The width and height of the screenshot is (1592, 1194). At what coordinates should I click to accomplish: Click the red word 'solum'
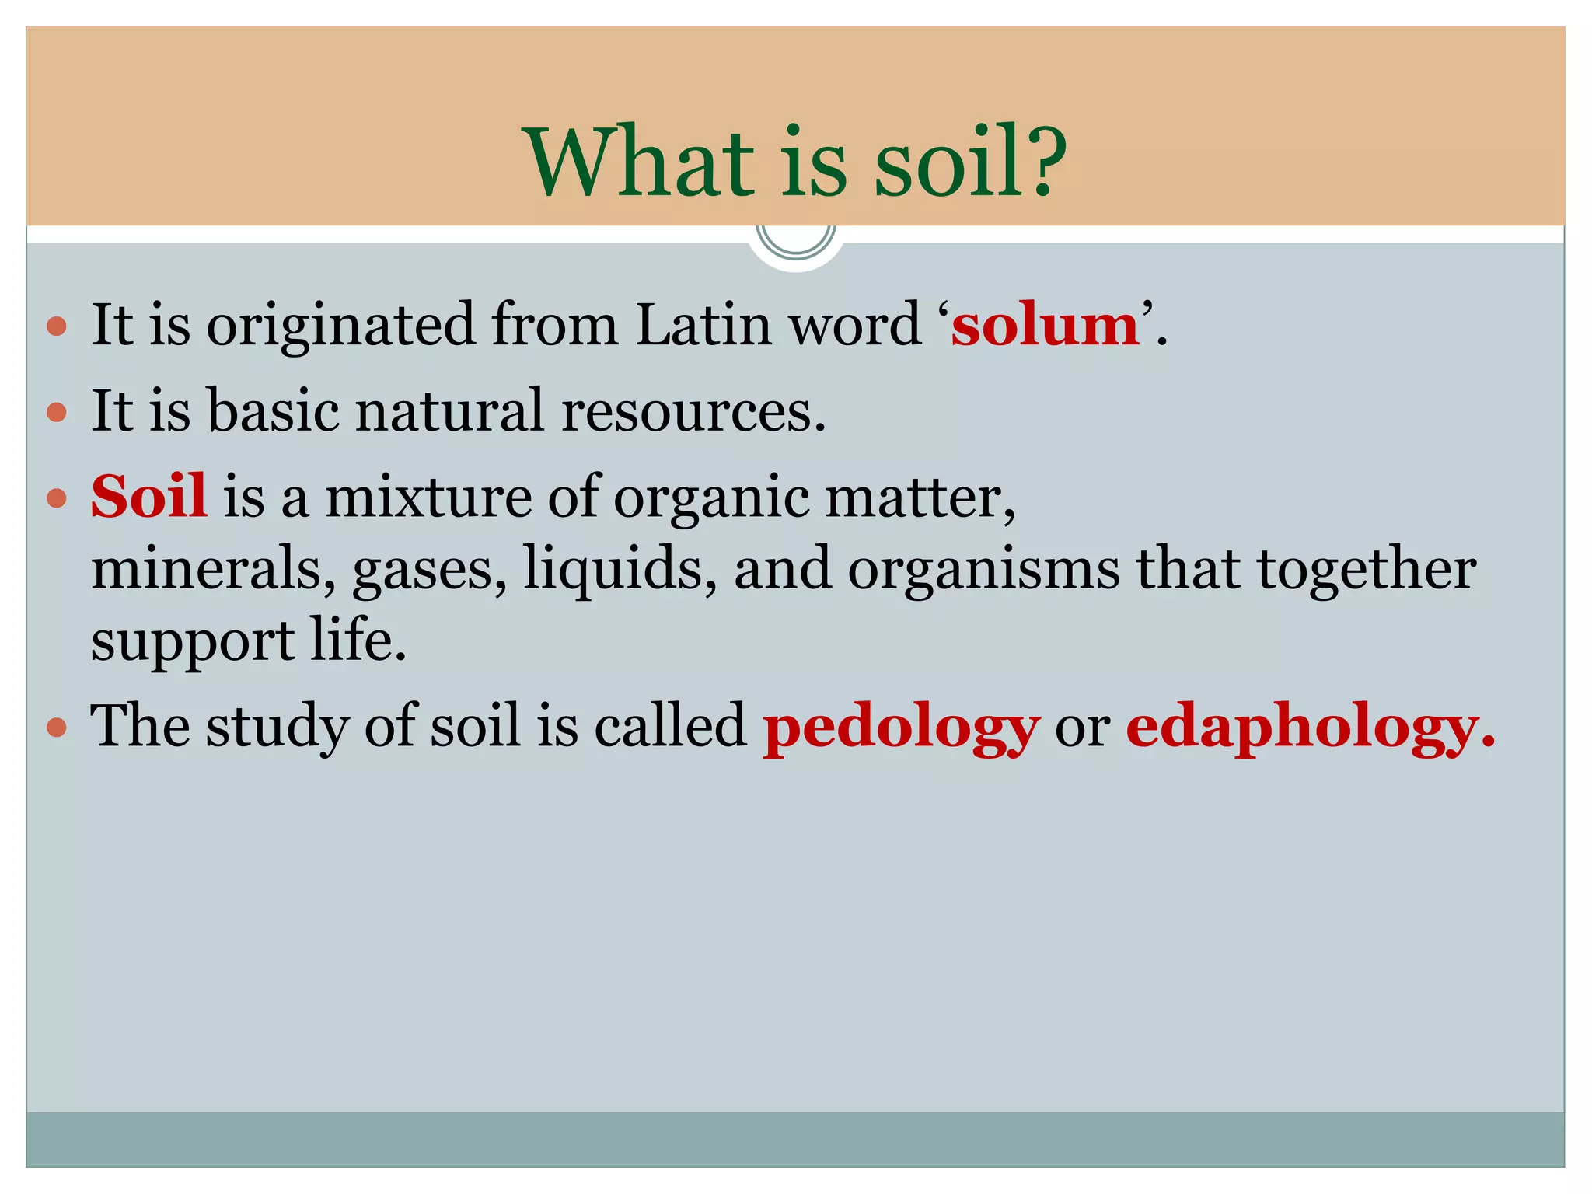pos(1045,325)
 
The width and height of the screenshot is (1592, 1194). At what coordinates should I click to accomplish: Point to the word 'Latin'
pos(703,324)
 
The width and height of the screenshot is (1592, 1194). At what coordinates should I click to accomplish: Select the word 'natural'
pos(449,410)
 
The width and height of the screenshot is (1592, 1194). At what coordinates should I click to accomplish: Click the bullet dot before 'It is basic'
pos(57,411)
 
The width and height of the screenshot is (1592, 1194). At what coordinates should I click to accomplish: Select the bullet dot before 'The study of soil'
pos(57,728)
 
